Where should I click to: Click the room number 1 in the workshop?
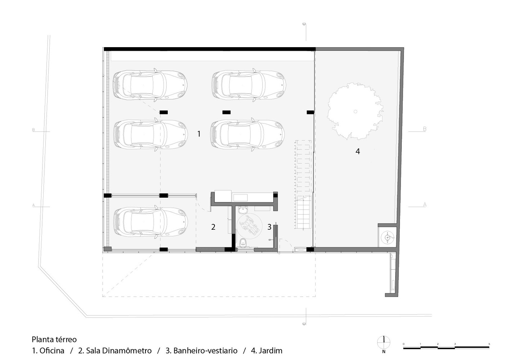199,134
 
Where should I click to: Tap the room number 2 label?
213,227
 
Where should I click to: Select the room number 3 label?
269,227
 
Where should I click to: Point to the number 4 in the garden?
358,151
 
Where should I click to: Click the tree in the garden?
355,111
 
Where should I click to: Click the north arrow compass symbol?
384,342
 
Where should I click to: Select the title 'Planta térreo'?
54,339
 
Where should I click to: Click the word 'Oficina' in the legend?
52,351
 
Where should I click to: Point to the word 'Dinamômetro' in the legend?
127,351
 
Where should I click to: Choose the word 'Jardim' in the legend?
270,351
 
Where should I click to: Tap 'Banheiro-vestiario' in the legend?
206,351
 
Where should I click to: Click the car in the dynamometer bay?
151,222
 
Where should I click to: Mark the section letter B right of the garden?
424,129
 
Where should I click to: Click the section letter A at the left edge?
33,205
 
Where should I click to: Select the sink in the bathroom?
243,210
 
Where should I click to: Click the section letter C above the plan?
304,24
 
